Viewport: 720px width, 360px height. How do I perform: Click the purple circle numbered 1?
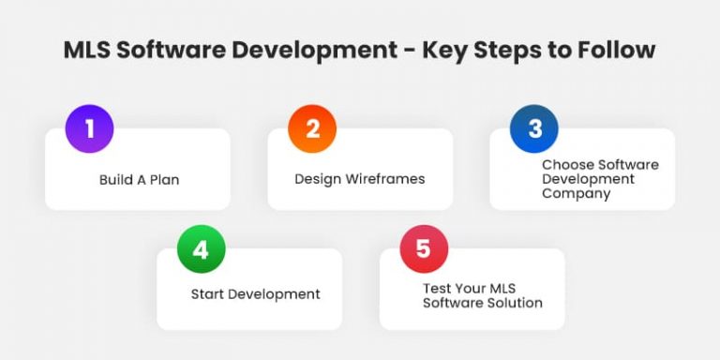[89, 128]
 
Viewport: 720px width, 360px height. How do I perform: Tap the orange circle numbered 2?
[312, 128]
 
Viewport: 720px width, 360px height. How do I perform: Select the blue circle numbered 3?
[534, 128]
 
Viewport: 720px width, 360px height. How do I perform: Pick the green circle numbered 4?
[201, 249]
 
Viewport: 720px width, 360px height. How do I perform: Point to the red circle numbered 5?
[424, 249]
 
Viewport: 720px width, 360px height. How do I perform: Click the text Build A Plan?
[139, 179]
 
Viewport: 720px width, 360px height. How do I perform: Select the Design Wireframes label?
[360, 179]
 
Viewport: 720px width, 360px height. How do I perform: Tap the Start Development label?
[256, 294]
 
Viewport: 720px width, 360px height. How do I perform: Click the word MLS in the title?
[87, 50]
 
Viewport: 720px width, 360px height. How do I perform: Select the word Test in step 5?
[437, 287]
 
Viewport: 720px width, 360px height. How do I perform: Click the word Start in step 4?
[207, 294]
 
